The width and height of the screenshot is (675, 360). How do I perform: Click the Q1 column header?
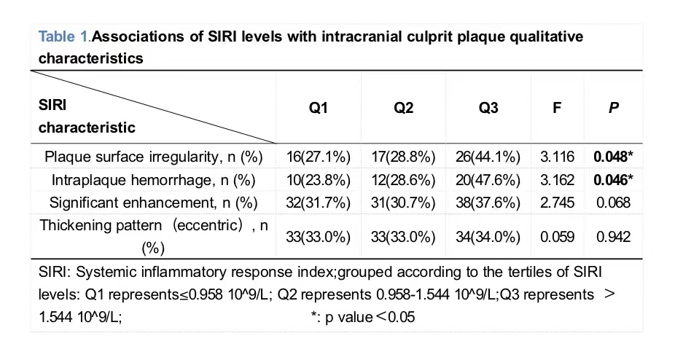click(x=318, y=107)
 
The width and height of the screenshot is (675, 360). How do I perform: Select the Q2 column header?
click(x=403, y=107)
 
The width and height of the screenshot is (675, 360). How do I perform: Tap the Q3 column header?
click(x=488, y=107)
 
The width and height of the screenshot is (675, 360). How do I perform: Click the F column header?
click(x=557, y=107)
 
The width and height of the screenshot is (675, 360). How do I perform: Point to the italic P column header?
click(x=614, y=107)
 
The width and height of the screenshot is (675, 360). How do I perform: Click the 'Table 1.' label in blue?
click(x=64, y=36)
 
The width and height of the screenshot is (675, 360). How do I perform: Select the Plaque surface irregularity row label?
click(x=153, y=157)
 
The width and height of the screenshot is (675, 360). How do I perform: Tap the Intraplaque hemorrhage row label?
click(x=153, y=179)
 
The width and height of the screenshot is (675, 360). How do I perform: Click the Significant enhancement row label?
click(x=153, y=203)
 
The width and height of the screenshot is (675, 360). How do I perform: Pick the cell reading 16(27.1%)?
click(x=318, y=157)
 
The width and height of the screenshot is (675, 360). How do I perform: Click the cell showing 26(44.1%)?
click(x=488, y=157)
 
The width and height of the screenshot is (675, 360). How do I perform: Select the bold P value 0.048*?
click(x=614, y=157)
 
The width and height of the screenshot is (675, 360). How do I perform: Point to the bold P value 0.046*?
click(x=614, y=179)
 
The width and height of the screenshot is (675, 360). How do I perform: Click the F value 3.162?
click(x=557, y=179)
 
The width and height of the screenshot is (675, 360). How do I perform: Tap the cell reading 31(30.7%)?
click(x=403, y=203)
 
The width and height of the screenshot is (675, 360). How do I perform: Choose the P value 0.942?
click(x=614, y=236)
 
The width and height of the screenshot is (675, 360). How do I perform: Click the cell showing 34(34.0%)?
click(x=488, y=236)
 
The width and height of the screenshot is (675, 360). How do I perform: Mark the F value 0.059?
click(x=557, y=236)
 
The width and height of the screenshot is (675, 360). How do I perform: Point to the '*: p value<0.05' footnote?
click(x=363, y=318)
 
